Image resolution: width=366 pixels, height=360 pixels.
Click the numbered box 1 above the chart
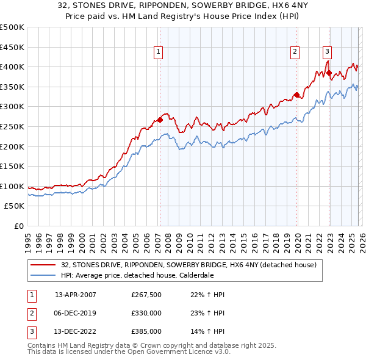point(158,52)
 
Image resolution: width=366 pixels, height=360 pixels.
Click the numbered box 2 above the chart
point(295,52)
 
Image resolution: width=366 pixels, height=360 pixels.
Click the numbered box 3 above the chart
point(328,52)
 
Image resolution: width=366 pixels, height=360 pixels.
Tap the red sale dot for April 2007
point(160,120)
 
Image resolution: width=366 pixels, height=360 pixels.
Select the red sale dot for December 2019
point(296,95)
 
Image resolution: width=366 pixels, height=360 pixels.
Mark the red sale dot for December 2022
point(329,73)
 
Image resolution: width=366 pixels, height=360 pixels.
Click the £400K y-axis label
point(12,67)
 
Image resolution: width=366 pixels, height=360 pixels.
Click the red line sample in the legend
point(43,265)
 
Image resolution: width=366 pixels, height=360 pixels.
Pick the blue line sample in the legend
point(43,275)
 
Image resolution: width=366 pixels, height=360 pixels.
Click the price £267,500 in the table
point(146,295)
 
